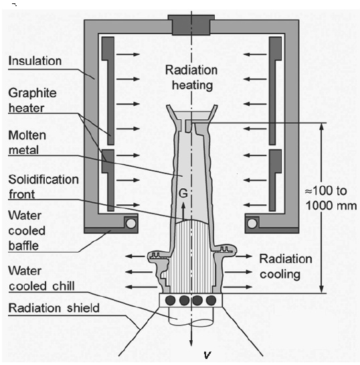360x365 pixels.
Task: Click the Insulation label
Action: click(x=35, y=61)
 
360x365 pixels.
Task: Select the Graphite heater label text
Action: click(x=32, y=100)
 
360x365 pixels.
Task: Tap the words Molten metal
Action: click(x=27, y=143)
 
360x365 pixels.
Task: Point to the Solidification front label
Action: click(x=43, y=187)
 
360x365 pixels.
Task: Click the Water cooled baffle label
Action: click(x=27, y=230)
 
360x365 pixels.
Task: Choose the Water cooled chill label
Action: click(x=41, y=279)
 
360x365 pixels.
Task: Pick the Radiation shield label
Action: click(x=54, y=308)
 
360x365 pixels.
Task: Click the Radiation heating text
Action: click(x=191, y=78)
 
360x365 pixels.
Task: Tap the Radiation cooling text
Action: click(x=286, y=267)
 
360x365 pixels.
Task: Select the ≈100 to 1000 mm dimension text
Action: click(x=331, y=198)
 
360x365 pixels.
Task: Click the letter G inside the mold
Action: click(x=183, y=194)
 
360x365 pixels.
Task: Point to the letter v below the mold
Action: click(x=207, y=355)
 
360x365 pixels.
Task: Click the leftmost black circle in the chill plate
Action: click(x=171, y=300)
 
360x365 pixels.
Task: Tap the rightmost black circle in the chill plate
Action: click(x=211, y=300)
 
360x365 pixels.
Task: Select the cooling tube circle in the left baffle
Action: click(x=130, y=224)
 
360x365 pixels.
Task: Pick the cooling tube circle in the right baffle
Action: click(x=252, y=224)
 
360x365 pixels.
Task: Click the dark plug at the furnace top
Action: click(x=191, y=25)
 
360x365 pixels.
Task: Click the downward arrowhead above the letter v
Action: click(x=191, y=343)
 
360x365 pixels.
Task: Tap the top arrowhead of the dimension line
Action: click(x=322, y=127)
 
